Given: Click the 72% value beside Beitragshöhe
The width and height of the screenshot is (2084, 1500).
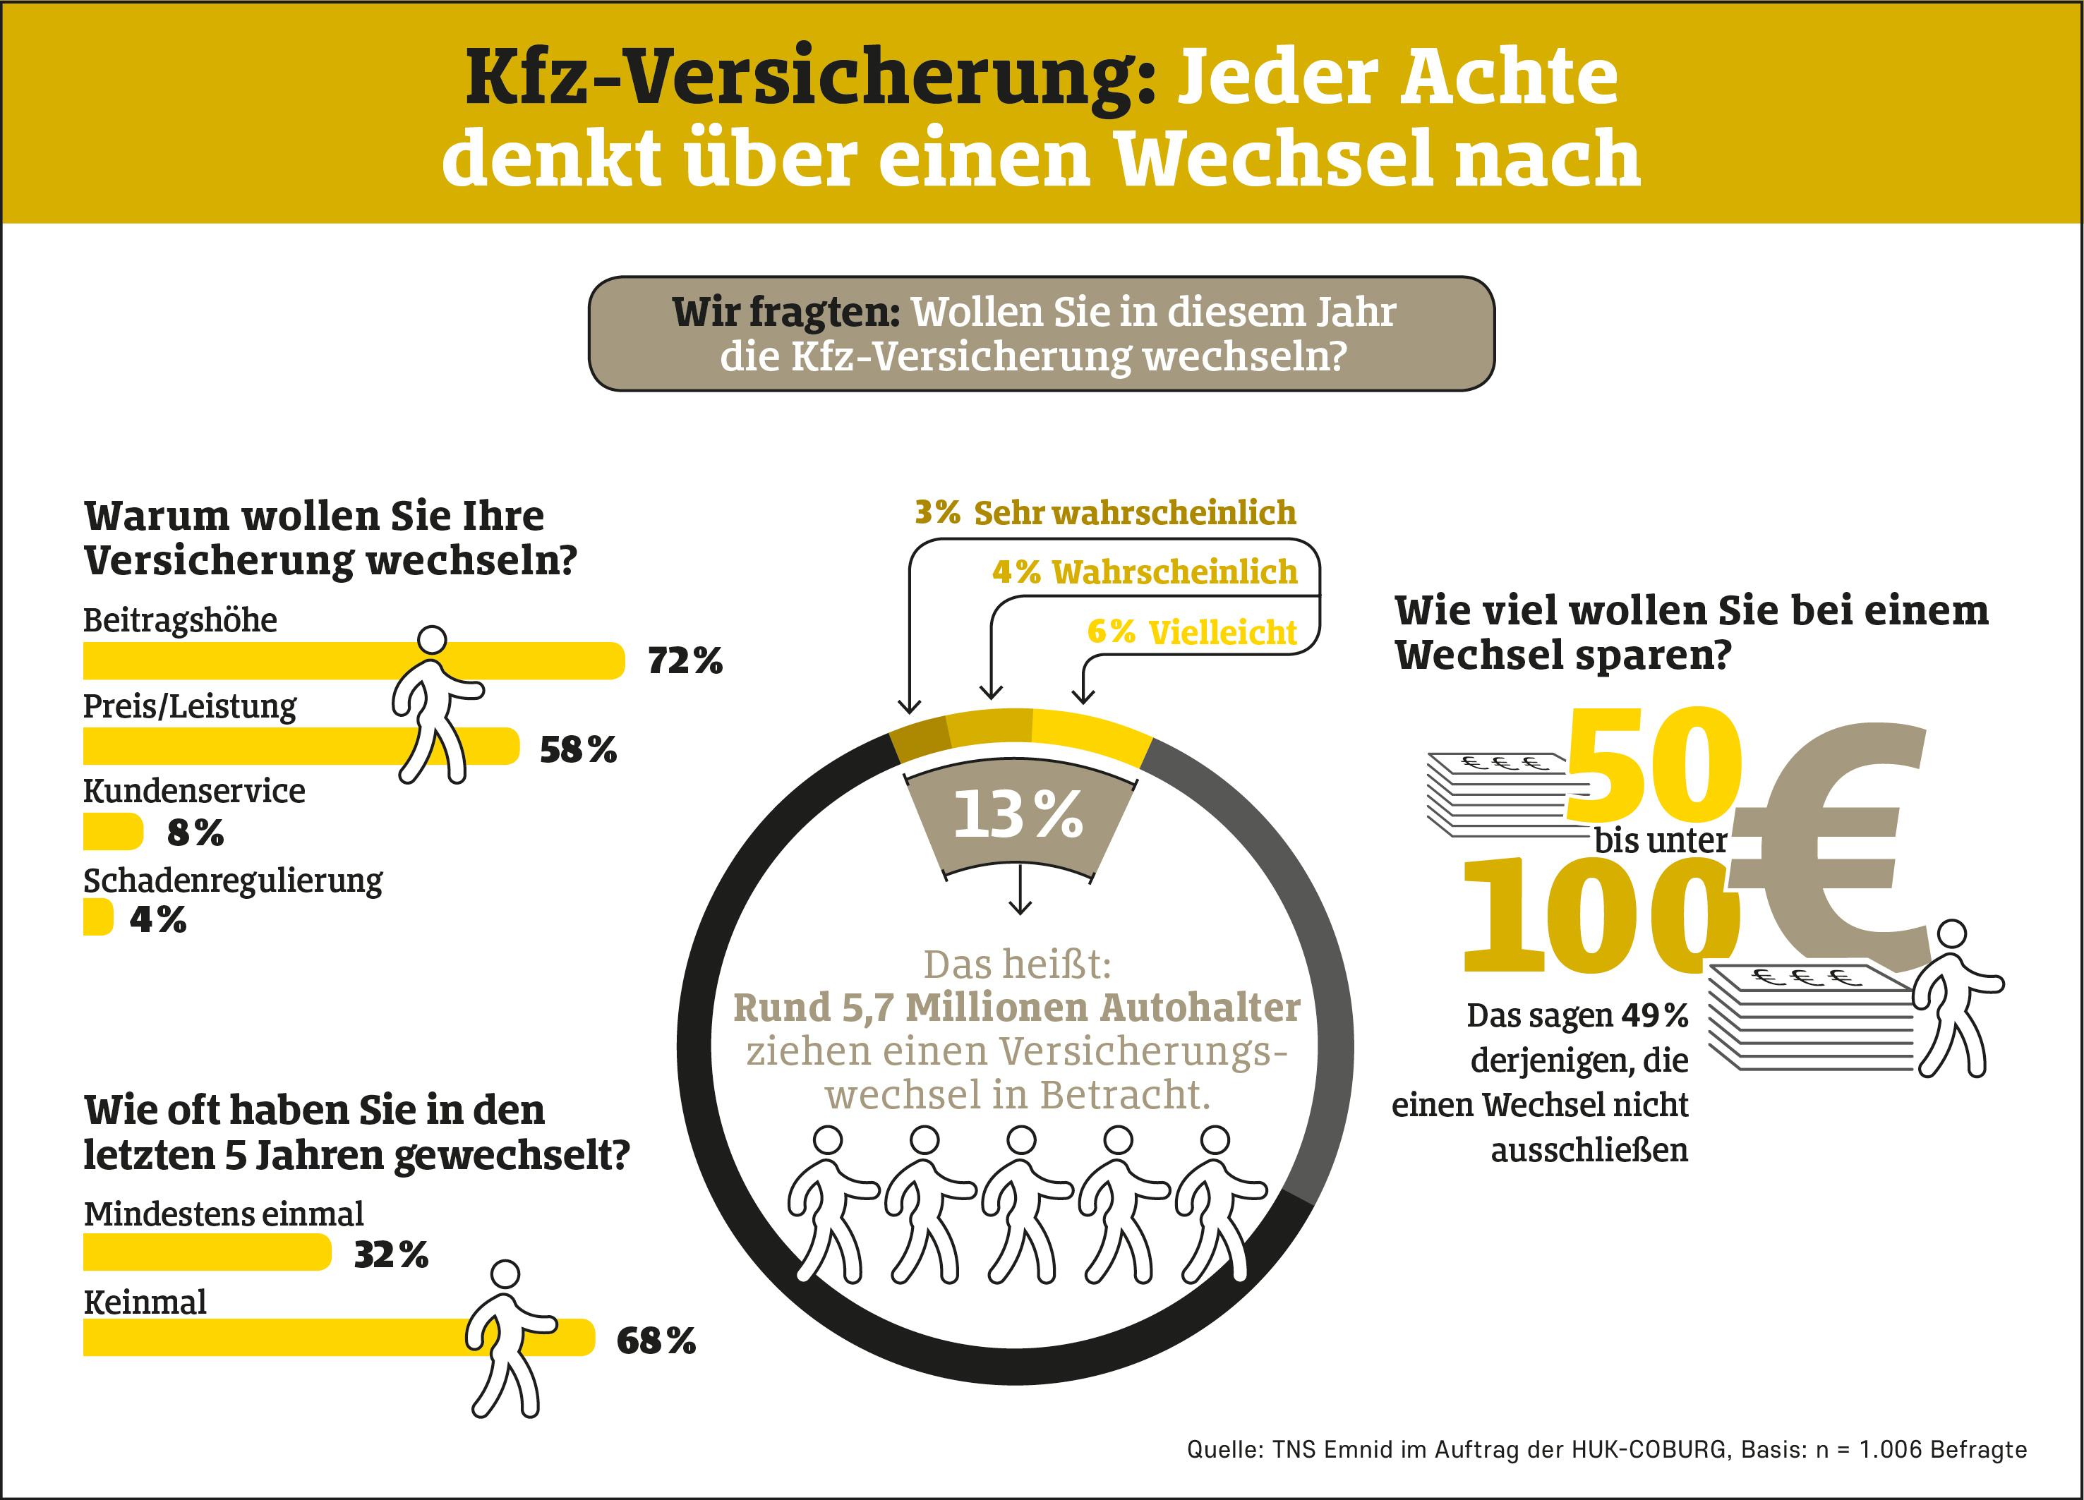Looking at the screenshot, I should pyautogui.click(x=685, y=660).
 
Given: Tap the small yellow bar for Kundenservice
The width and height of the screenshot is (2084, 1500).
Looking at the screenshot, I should pyautogui.click(x=112, y=833).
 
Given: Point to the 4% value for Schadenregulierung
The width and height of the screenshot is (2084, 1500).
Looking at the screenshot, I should pyautogui.click(x=158, y=919).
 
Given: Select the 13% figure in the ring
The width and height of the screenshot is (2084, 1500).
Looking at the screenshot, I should pyautogui.click(x=1018, y=815).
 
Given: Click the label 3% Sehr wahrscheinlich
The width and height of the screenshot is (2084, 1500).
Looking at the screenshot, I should pyautogui.click(x=1104, y=512).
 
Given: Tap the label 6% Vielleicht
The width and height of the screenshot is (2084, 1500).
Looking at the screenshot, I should pyautogui.click(x=1191, y=632).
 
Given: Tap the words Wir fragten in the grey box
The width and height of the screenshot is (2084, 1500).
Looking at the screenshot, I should pyautogui.click(x=785, y=313).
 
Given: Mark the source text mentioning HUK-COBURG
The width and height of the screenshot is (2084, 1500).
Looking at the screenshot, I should pyautogui.click(x=1606, y=1448).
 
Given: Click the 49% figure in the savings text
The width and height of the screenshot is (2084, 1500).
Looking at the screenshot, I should pyautogui.click(x=1654, y=1016).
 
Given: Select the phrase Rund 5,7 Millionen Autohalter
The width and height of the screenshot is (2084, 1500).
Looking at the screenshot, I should pyautogui.click(x=1016, y=1008).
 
